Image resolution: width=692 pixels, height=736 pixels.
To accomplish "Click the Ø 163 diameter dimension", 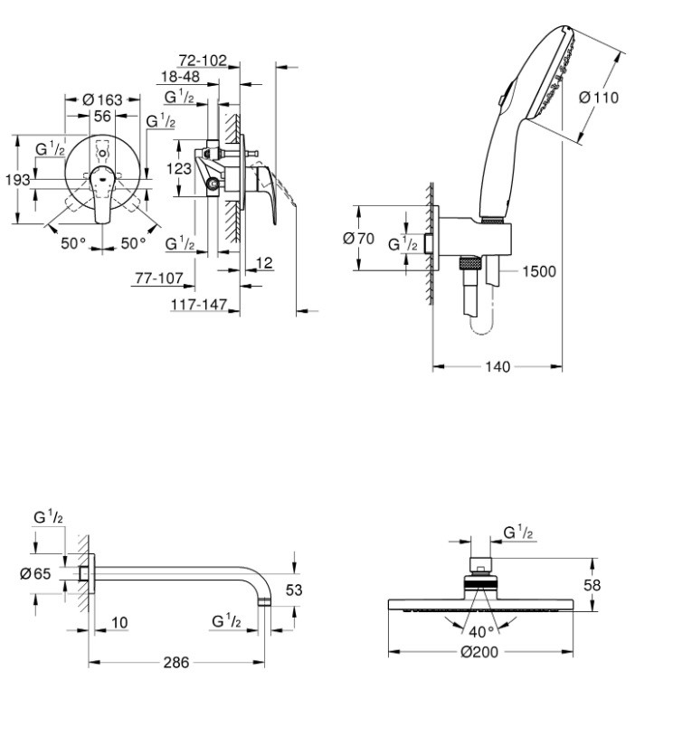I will click(102, 99).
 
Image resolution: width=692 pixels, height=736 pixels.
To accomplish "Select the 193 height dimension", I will click(17, 180).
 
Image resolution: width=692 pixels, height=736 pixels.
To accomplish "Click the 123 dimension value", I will click(179, 168).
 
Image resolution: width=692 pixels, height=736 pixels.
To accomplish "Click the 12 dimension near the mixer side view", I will click(264, 262).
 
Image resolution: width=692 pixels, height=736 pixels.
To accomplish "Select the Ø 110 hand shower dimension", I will click(598, 98).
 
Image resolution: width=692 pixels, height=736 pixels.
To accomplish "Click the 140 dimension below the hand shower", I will click(498, 366).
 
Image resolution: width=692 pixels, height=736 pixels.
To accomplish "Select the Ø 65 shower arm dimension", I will click(35, 572).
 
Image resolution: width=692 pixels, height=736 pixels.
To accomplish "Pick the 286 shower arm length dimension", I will click(176, 663).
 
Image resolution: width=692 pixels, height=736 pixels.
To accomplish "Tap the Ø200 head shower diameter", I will click(479, 653).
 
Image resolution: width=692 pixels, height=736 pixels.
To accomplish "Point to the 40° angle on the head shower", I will click(481, 630).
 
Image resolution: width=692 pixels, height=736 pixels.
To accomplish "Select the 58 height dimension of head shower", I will click(591, 585).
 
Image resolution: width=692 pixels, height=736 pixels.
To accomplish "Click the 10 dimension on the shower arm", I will click(118, 623).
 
